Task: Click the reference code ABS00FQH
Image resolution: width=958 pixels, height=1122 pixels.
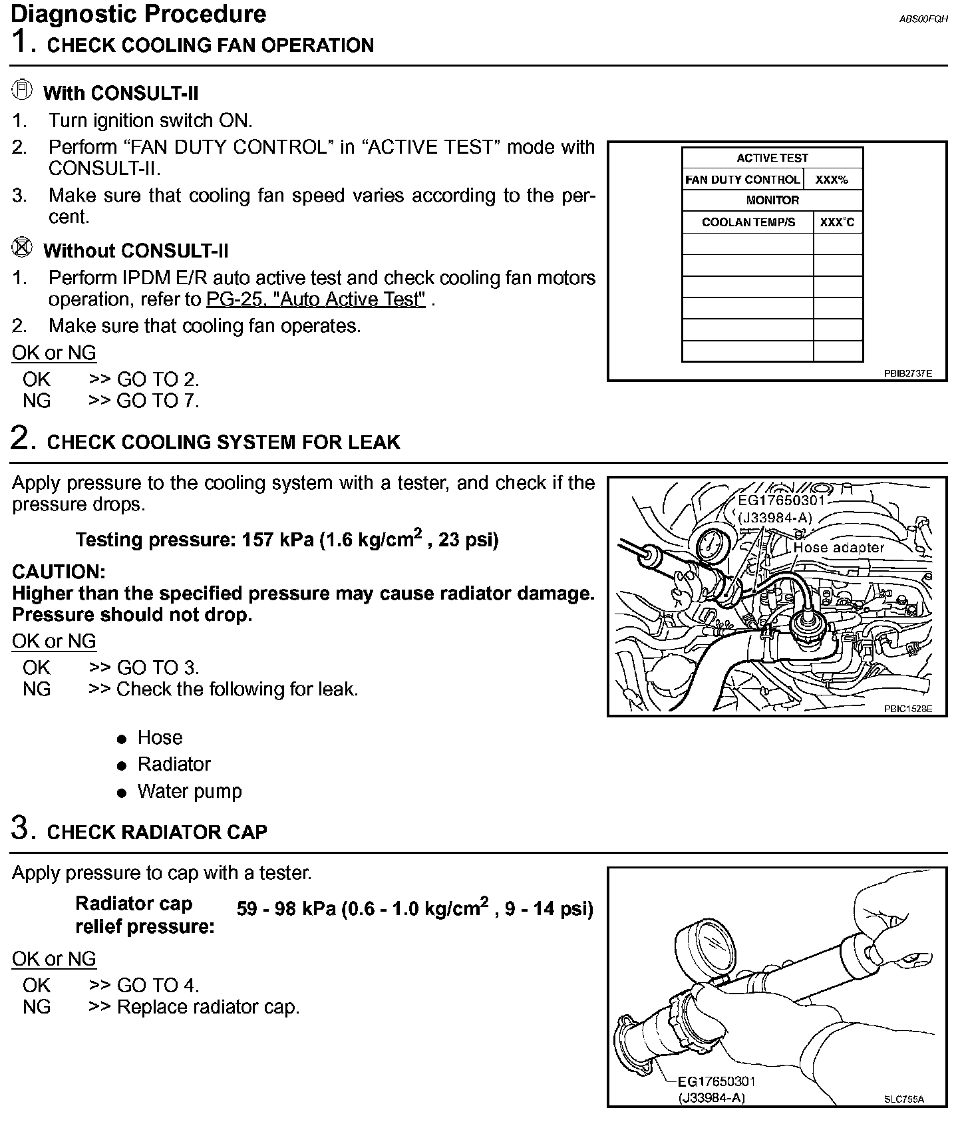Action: [923, 19]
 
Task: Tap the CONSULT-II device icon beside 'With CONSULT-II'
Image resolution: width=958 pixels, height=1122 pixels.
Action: [22, 90]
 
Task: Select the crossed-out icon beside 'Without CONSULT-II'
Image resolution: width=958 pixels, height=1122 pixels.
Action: [22, 248]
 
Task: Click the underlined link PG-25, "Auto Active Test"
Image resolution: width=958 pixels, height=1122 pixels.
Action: [315, 299]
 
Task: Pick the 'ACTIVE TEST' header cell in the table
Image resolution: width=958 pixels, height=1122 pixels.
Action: [772, 158]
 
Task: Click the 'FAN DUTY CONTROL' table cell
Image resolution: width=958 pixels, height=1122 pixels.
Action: [742, 180]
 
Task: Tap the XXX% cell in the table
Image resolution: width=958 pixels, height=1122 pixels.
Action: [832, 180]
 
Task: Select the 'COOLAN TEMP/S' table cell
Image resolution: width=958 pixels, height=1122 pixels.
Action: [748, 222]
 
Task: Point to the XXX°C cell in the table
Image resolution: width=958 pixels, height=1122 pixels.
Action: [837, 222]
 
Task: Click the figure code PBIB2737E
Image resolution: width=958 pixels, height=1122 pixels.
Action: [907, 374]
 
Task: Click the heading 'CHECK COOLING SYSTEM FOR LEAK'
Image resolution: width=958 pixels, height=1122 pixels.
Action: [224, 443]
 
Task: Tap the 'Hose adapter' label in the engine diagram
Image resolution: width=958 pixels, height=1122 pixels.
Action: [838, 548]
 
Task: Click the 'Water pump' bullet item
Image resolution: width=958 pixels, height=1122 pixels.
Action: [189, 791]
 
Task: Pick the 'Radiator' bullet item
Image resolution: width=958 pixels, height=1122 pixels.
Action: [174, 764]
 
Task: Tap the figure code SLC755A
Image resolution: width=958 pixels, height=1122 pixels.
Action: [903, 1099]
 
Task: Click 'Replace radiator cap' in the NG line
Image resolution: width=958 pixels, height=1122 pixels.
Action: [208, 1007]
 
